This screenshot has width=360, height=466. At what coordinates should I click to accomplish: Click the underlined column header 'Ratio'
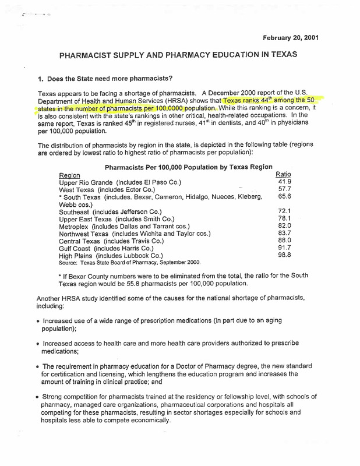tap(283, 174)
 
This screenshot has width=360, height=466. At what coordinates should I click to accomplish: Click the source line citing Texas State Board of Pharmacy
tap(130, 263)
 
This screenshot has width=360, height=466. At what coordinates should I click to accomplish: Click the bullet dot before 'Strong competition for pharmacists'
tap(38, 396)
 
